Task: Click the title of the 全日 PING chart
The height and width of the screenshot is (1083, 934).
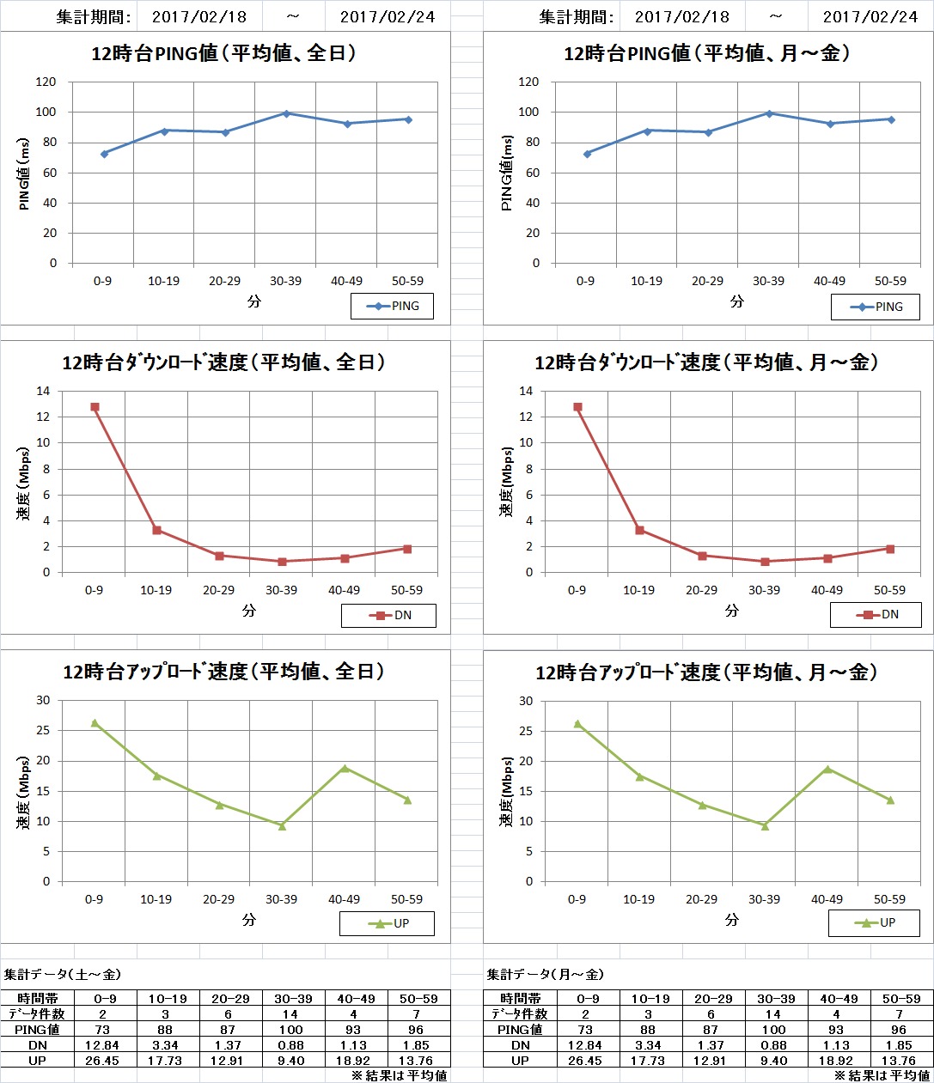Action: [x=223, y=53]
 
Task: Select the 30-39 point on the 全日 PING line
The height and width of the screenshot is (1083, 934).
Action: [x=286, y=113]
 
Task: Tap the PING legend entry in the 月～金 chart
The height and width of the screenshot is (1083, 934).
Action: [x=876, y=307]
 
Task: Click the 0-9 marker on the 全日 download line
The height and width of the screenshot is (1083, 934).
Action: [x=95, y=407]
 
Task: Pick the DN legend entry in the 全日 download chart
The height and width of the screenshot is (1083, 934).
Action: [x=389, y=615]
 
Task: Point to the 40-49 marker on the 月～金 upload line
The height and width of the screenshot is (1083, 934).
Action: [x=828, y=770]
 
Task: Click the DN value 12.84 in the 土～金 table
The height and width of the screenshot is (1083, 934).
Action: [x=102, y=1045]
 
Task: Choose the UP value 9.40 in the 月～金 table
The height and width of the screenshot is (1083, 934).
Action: [x=775, y=1061]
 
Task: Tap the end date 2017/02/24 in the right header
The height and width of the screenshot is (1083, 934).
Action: [x=870, y=16]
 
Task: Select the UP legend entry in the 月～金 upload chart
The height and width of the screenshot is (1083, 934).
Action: [x=875, y=922]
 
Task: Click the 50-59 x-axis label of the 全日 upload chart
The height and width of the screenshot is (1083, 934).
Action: [x=406, y=899]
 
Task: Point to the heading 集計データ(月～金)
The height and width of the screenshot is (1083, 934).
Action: [x=545, y=975]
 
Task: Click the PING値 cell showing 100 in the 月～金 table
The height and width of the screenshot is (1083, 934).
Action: [x=775, y=1030]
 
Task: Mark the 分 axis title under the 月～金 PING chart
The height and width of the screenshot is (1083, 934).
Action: [x=737, y=301]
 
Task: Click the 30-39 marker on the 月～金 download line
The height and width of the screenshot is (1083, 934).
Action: [x=765, y=562]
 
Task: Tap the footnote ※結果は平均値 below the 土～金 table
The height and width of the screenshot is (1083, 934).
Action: [x=399, y=1075]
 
